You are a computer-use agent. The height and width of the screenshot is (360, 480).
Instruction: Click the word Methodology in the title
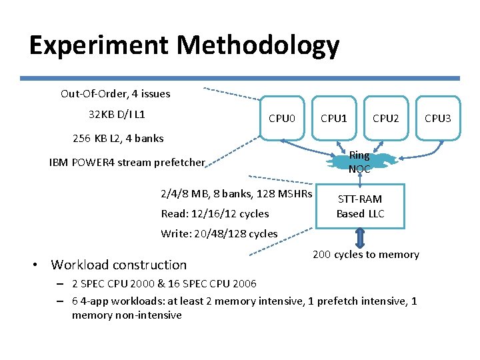click(x=259, y=46)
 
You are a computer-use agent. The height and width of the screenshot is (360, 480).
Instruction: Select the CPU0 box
click(x=281, y=118)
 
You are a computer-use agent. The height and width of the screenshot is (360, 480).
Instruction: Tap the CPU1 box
click(x=333, y=118)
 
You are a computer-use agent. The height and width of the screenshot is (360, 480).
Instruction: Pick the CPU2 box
click(x=385, y=118)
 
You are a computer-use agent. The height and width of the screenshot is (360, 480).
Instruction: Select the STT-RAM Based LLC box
click(x=360, y=206)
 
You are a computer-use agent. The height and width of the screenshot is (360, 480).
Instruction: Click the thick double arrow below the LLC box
click(x=360, y=239)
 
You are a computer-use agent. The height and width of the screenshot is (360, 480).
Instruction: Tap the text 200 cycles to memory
click(x=365, y=254)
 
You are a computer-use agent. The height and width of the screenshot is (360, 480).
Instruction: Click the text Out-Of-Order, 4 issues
click(x=115, y=93)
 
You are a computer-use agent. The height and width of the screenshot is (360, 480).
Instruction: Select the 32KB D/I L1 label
click(x=117, y=115)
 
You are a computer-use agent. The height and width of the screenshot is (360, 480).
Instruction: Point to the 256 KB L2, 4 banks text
click(x=117, y=139)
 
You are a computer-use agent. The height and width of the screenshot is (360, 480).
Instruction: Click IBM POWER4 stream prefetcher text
click(x=127, y=162)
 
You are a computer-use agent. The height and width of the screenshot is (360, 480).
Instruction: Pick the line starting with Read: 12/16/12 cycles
click(x=215, y=213)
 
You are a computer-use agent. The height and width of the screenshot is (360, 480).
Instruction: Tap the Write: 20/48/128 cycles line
click(x=219, y=233)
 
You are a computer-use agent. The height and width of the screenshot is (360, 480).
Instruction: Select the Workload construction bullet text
click(x=119, y=265)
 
